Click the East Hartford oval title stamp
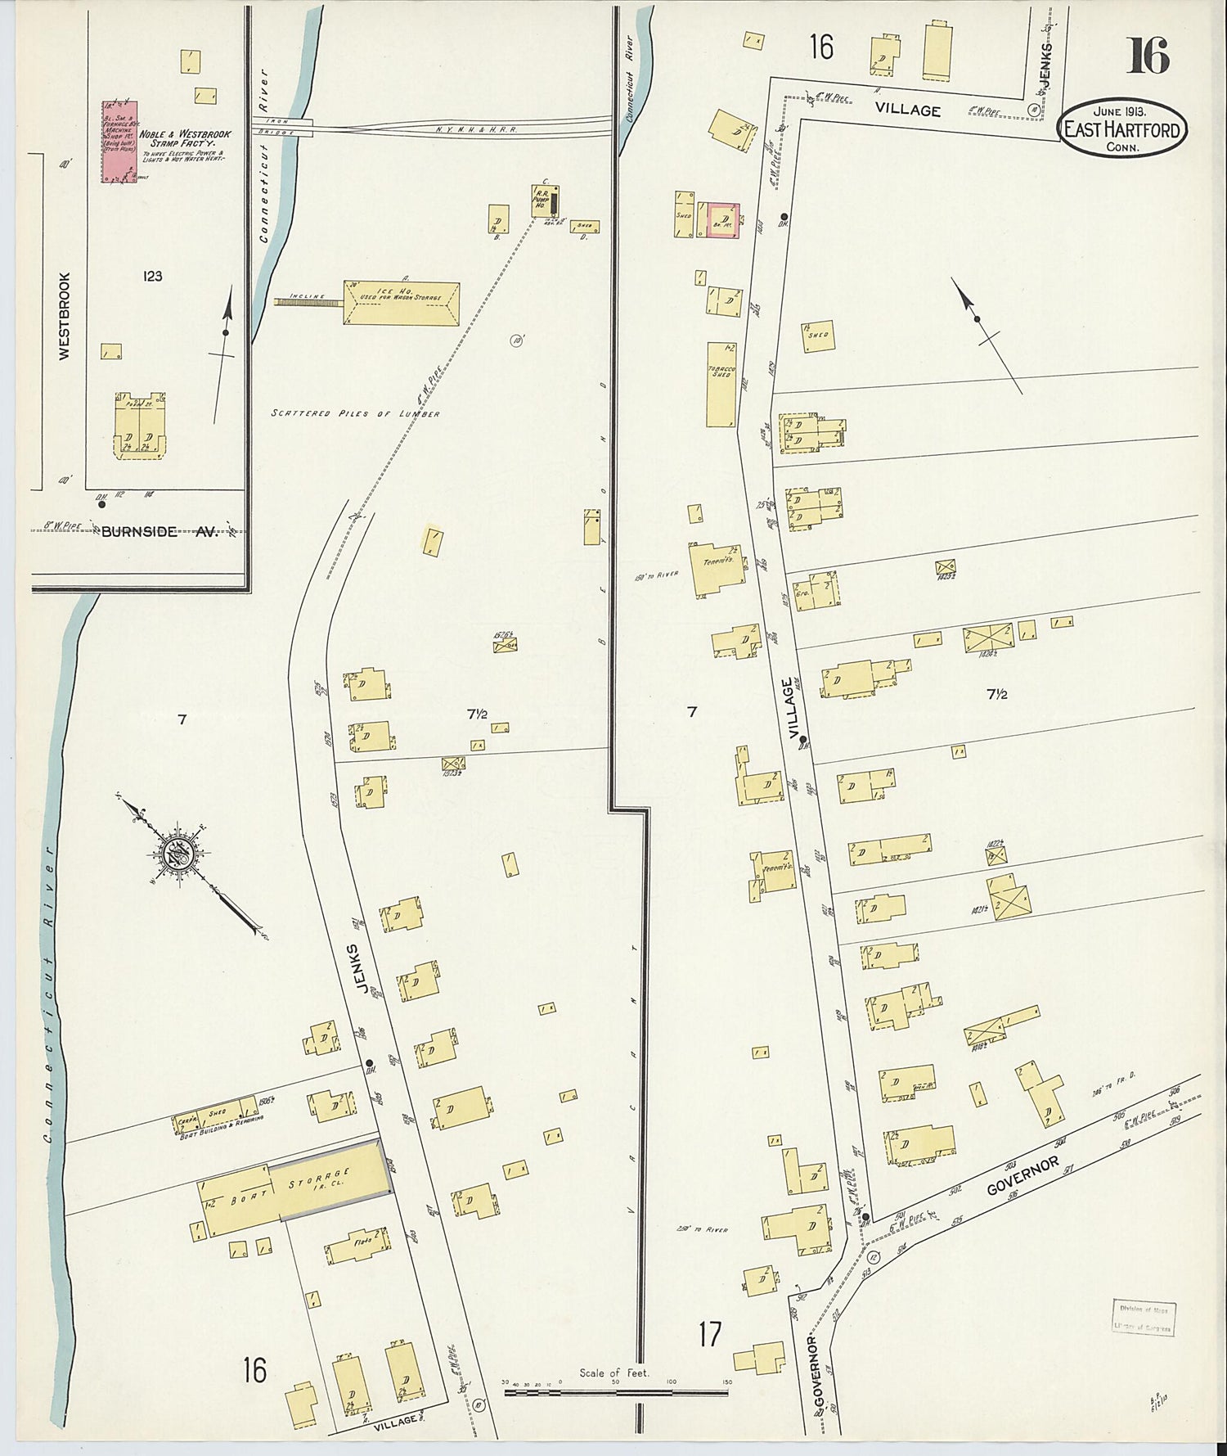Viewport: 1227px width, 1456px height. click(1124, 128)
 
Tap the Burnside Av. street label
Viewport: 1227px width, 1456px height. click(160, 532)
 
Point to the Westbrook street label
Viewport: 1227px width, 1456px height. click(65, 315)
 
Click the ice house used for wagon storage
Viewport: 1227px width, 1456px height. click(401, 304)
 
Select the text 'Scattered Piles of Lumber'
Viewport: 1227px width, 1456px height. click(356, 414)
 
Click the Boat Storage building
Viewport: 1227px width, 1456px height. click(294, 1187)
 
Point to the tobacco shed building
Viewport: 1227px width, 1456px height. click(721, 383)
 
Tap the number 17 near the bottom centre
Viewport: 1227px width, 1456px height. click(710, 1335)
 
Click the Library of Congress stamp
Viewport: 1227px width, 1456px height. click(1144, 1319)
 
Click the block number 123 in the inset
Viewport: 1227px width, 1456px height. click(152, 277)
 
